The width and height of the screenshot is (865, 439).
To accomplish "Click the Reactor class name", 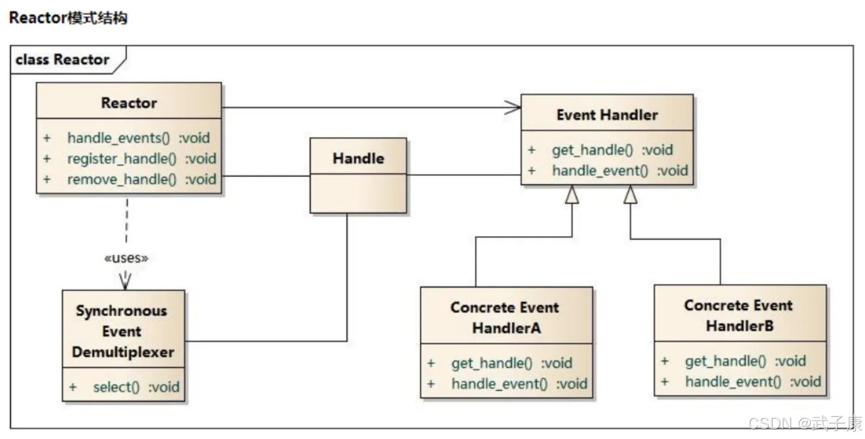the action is [x=129, y=103].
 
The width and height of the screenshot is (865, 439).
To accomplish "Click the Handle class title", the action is [x=359, y=158].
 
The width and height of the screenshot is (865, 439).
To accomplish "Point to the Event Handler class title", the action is [x=607, y=115].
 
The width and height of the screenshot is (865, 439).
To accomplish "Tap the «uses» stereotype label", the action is [x=126, y=258].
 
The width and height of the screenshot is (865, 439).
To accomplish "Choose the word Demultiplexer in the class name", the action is [x=123, y=353].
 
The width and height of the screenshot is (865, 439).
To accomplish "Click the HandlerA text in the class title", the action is [x=506, y=328].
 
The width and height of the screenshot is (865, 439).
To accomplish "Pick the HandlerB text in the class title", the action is [x=740, y=326].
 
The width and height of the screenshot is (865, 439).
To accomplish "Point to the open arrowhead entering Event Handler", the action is [x=513, y=107].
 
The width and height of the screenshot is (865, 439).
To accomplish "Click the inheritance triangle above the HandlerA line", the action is [x=572, y=194].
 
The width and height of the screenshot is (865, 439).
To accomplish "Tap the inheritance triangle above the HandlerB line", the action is [x=630, y=194].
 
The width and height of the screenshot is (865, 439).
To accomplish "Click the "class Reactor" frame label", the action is [x=63, y=60].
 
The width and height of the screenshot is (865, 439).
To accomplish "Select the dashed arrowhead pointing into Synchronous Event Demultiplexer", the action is [x=125, y=281].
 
